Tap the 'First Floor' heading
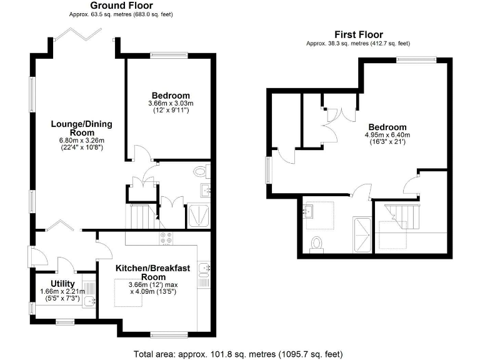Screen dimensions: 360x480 pyautogui.click(x=359, y=34)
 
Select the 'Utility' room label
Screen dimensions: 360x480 pyautogui.click(x=62, y=284)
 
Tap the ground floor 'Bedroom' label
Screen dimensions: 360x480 pyautogui.click(x=169, y=96)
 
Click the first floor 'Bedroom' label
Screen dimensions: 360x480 pyautogui.click(x=387, y=127)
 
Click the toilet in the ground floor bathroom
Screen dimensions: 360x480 pyautogui.click(x=201, y=170)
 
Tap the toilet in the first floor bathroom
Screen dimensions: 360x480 pyautogui.click(x=316, y=242)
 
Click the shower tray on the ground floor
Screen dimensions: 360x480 pyautogui.click(x=199, y=215)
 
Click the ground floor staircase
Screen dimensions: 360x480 pyautogui.click(x=139, y=216)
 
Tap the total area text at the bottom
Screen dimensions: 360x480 pyautogui.click(x=238, y=354)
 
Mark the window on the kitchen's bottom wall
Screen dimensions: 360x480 pyautogui.click(x=169, y=334)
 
